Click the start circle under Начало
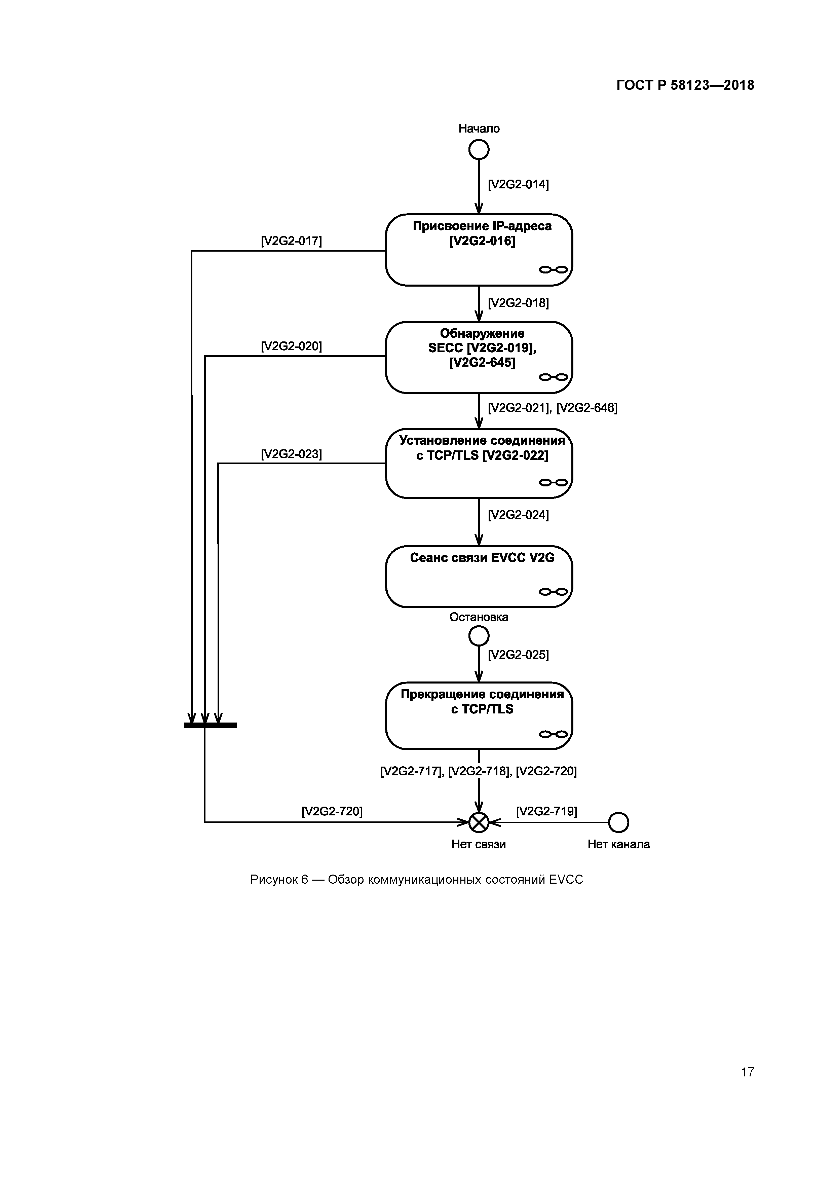point(479,150)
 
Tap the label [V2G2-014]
point(518,185)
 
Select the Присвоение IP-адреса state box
point(479,250)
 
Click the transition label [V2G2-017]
point(291,241)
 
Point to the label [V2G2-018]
point(518,303)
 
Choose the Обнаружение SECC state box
point(479,357)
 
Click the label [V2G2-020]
point(291,346)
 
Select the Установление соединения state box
point(479,463)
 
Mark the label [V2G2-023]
point(291,454)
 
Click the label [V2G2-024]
point(518,515)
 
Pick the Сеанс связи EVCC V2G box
point(479,576)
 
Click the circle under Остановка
point(479,637)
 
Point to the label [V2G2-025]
point(518,655)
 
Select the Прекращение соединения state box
point(479,716)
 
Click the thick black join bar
point(210,725)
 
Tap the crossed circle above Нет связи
point(479,822)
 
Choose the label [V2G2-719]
point(546,812)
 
